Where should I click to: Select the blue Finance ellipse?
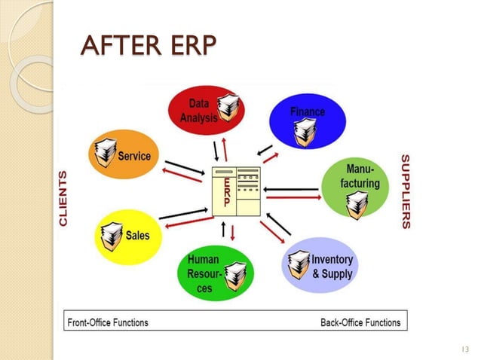[308, 120]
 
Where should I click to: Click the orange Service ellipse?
[124, 156]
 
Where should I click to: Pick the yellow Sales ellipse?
[127, 236]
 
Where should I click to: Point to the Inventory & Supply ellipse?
[320, 265]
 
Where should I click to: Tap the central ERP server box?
[236, 190]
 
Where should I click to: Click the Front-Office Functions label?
[108, 322]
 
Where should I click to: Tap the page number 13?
[463, 349]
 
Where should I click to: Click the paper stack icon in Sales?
[112, 236]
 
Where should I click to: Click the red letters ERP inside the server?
[225, 191]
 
